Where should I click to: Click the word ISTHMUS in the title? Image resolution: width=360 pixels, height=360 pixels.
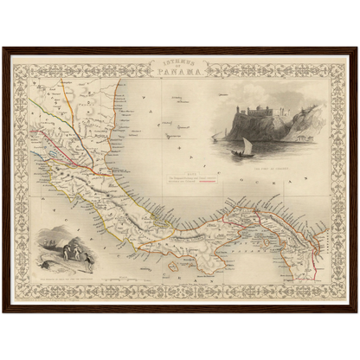point(179,61)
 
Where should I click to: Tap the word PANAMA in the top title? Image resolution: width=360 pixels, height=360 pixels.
point(179,72)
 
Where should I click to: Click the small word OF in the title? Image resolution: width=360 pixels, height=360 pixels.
point(179,67)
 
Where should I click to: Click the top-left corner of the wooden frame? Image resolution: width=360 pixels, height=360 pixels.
point(3,48)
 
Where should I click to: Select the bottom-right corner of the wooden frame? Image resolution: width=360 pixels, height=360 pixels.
point(357,312)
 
